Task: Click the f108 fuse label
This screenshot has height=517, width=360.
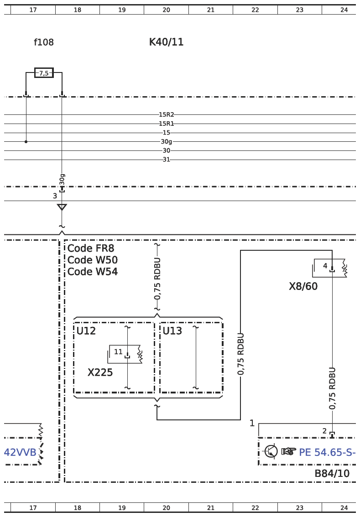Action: [x=43, y=42]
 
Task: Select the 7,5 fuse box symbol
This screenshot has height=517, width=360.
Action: [x=44, y=73]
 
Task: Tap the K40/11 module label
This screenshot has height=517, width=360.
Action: [x=166, y=42]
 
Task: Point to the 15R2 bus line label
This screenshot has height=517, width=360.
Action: [x=166, y=115]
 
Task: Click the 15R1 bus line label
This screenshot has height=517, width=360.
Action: [x=166, y=124]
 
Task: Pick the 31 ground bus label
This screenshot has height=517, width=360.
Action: [x=166, y=160]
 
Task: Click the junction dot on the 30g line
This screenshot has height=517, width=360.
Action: [x=26, y=142]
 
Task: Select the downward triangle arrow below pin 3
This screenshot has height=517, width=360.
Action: [x=62, y=207]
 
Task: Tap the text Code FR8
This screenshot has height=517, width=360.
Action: [x=91, y=248]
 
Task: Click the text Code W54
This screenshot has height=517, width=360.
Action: [x=92, y=271]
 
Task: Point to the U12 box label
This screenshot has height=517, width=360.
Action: [x=86, y=331]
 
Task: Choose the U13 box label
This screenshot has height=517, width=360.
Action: [x=172, y=331]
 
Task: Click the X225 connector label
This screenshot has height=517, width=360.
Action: [x=100, y=372]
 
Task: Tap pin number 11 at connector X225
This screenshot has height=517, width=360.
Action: [x=118, y=352]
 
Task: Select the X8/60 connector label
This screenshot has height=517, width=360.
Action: [x=303, y=286]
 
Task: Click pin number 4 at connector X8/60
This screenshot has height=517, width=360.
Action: [x=325, y=265]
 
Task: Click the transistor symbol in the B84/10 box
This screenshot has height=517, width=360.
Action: [x=271, y=451]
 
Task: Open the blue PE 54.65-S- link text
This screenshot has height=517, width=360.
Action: [x=327, y=452]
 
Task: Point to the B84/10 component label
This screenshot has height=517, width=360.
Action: [x=332, y=474]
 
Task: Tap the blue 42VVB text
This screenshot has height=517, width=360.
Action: [x=20, y=452]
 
